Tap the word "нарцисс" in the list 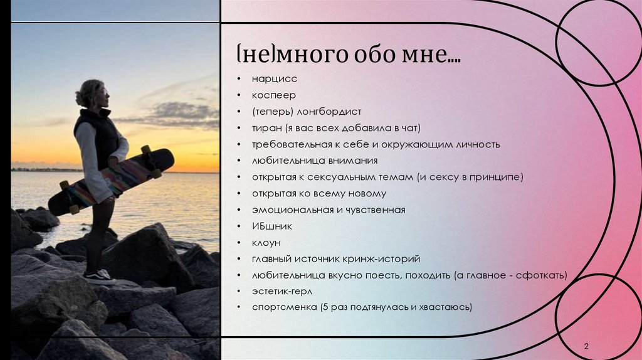point(274,79)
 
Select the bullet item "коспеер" point(273,95)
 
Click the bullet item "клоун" point(266,242)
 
